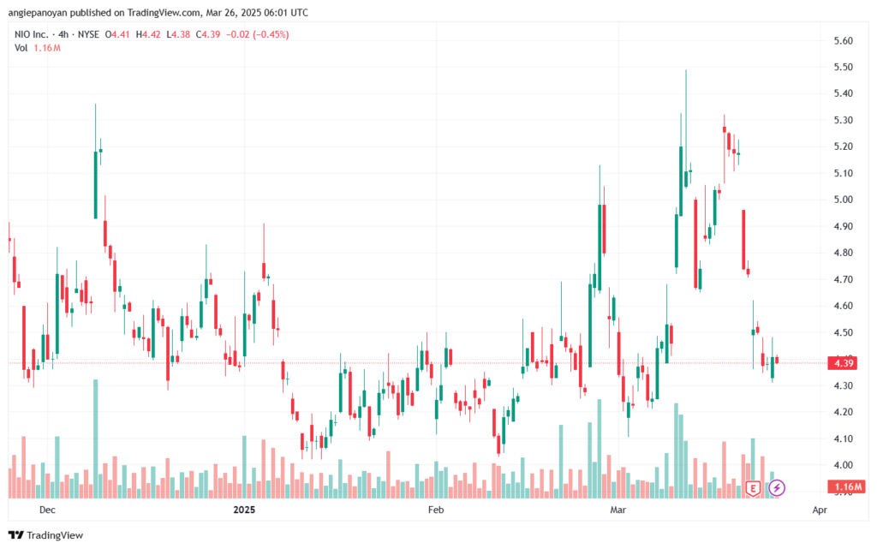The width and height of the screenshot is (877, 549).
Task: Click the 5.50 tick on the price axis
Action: (843, 67)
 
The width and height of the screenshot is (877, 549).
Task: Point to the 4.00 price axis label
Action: (843, 465)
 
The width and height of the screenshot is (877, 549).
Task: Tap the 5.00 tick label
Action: (843, 200)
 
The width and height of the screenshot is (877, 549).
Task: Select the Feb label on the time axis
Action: (436, 510)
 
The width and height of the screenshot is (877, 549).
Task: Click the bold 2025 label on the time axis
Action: (244, 510)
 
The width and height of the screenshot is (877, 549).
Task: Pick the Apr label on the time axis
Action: (820, 510)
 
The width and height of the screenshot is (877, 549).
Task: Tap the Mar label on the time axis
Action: (618, 510)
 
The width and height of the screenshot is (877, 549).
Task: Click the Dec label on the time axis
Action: (48, 510)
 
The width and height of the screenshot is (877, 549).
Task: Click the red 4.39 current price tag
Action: (844, 363)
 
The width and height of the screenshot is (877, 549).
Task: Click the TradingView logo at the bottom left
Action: (46, 535)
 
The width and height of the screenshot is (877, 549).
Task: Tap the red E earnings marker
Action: (753, 489)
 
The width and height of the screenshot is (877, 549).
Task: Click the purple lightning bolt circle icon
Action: (776, 488)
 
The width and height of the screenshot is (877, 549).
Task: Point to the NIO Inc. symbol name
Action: (32, 34)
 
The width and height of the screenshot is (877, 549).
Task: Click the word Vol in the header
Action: (21, 48)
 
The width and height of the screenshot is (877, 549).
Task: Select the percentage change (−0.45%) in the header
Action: (271, 34)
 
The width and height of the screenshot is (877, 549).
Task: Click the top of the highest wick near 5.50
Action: (686, 70)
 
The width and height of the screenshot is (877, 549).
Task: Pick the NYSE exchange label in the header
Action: (88, 34)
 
